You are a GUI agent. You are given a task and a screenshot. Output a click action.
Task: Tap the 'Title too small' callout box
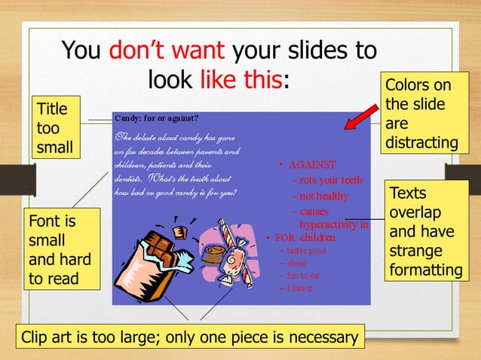click(54, 128)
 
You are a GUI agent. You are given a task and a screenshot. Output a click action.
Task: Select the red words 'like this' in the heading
click(243, 78)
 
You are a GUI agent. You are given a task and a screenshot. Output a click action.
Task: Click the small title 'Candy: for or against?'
click(156, 118)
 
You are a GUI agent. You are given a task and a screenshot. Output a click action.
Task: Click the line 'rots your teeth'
click(330, 181)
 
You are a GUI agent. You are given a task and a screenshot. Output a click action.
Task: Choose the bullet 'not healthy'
click(323, 197)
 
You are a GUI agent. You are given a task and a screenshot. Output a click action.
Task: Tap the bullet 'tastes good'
click(305, 252)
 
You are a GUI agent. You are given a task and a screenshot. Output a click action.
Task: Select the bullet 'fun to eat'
click(303, 276)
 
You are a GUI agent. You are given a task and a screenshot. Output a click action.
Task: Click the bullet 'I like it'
click(300, 288)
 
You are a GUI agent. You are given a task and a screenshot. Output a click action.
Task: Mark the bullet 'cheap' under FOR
click(296, 264)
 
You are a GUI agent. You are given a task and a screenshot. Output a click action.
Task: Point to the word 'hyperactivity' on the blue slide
click(330, 224)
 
